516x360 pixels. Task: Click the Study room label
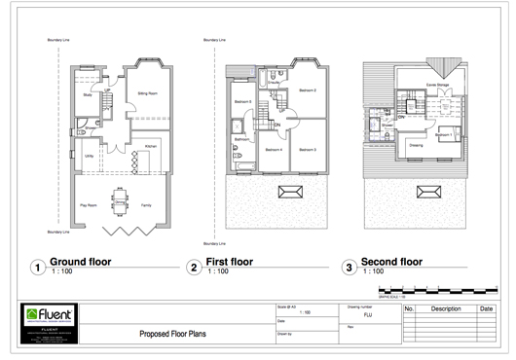88,95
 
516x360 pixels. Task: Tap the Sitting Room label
148,94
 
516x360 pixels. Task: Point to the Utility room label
89,155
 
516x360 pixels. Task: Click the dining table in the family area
119,203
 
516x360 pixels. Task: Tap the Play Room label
87,206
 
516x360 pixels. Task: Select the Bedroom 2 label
309,90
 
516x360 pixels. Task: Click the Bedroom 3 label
308,149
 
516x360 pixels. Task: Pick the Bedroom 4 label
275,149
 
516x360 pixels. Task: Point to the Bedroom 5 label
242,101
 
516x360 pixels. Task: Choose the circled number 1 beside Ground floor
37,266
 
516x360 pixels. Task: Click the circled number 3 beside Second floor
347,266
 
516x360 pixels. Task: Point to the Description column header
446,308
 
